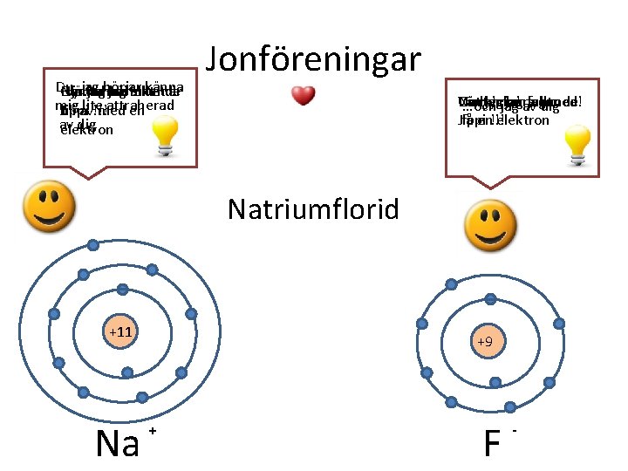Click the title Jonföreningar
[x=313, y=58]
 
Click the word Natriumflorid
[x=314, y=209]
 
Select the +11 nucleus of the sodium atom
[x=119, y=332]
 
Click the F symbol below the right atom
[x=491, y=443]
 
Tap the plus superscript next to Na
[x=152, y=432]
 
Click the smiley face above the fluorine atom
[x=489, y=225]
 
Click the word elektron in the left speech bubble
[x=86, y=130]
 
